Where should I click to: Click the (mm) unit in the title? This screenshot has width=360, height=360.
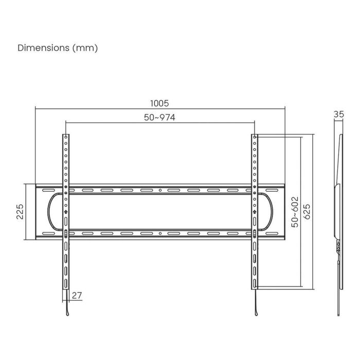(85, 48)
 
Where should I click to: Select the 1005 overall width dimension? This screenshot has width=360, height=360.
(160, 103)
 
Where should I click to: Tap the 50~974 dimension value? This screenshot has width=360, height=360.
(159, 117)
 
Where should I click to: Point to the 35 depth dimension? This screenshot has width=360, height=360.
(338, 115)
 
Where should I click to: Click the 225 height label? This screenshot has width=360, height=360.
(20, 212)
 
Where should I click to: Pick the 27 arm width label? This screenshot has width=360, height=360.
(77, 295)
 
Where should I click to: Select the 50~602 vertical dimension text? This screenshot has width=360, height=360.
(295, 211)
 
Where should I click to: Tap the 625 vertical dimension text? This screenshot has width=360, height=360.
(307, 211)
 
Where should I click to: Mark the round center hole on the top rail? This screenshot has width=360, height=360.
(160, 190)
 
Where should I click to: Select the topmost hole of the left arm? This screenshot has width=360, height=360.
(66, 137)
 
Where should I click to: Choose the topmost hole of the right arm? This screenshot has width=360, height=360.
(255, 137)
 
